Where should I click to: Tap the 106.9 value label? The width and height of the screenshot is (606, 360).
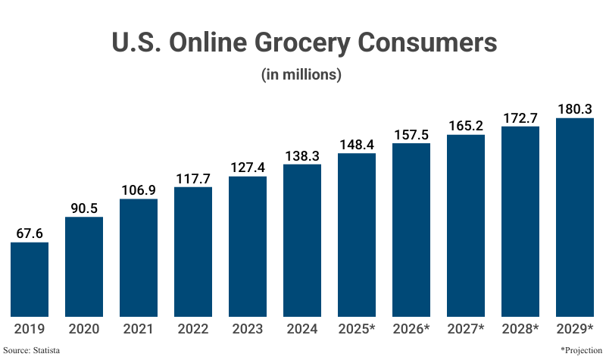pos(139,189)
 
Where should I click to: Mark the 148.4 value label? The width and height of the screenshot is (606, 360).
pos(357,143)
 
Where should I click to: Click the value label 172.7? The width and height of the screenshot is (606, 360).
pos(520,117)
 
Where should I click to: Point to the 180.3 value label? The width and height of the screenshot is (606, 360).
pos(575,108)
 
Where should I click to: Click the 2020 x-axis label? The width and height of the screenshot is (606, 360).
pos(84,329)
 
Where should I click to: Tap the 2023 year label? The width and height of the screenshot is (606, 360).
pos(248,329)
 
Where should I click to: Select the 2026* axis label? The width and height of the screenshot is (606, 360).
pos(411,329)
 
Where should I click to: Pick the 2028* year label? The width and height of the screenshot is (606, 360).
pos(520,329)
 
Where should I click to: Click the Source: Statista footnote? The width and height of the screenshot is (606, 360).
pos(32,350)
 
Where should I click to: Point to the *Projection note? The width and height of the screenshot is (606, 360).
pos(581,350)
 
